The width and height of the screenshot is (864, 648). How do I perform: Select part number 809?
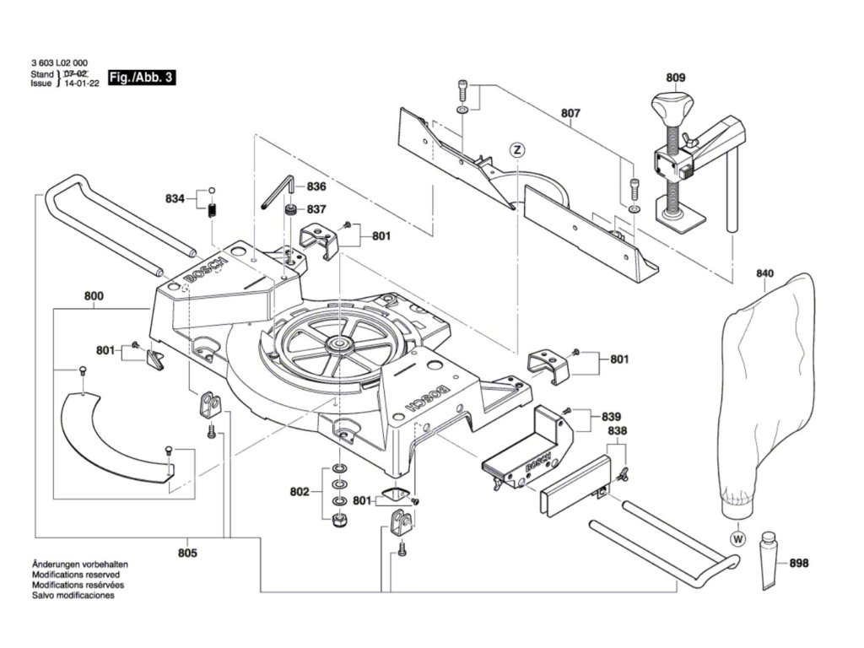pyautogui.click(x=676, y=78)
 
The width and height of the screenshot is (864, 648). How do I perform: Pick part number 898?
pyautogui.click(x=799, y=563)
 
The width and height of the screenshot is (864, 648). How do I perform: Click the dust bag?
pyautogui.click(x=768, y=397)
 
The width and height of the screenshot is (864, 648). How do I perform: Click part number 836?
pyautogui.click(x=316, y=186)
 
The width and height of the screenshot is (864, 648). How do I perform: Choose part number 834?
pyautogui.click(x=175, y=199)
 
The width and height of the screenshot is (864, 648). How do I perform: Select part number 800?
pyautogui.click(x=94, y=296)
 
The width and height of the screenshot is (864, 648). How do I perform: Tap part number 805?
pyautogui.click(x=187, y=553)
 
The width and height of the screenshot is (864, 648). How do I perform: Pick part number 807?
pyautogui.click(x=571, y=111)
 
